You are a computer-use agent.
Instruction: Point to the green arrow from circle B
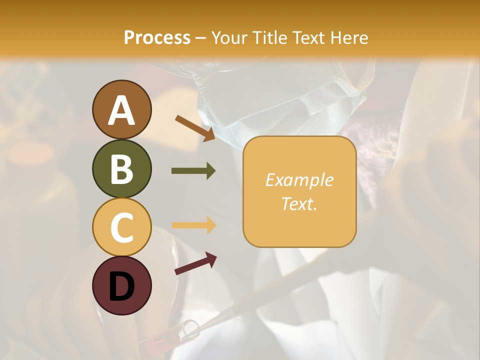[193, 171]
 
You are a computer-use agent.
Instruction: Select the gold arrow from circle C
[193, 225]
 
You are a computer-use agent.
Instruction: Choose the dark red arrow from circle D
[195, 263]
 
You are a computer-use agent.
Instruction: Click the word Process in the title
[157, 37]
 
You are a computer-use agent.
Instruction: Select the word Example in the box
[299, 180]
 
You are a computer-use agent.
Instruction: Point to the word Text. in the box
[299, 203]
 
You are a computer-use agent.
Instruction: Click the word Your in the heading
[228, 37]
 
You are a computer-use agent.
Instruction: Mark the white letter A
[121, 110]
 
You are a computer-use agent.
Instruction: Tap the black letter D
[121, 286]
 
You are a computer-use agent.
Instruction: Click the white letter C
[121, 227]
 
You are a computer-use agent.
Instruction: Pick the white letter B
[121, 169]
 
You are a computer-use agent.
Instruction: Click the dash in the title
[200, 38]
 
